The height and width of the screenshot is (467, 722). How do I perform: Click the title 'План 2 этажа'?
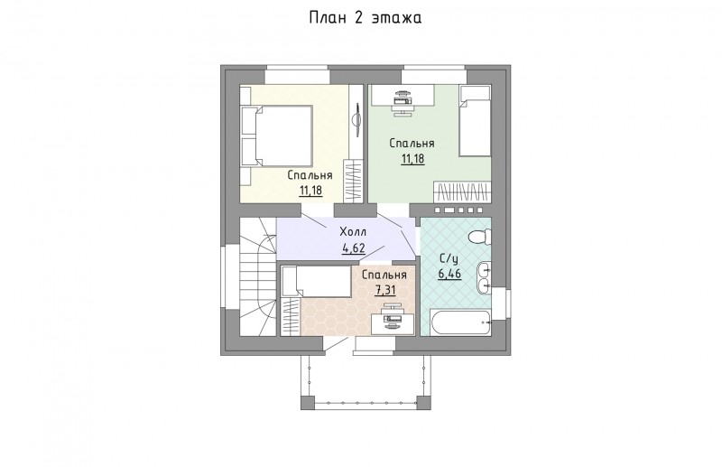point(366,18)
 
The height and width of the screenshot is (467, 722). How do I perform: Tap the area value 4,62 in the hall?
point(354,248)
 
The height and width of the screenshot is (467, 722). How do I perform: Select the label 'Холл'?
point(353,231)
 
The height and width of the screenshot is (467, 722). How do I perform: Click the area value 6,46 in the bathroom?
point(449,275)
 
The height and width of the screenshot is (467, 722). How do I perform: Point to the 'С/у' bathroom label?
point(449,257)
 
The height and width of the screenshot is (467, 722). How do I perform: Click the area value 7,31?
point(385,291)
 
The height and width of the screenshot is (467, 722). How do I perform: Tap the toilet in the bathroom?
point(479,238)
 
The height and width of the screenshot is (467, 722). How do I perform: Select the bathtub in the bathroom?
point(460,322)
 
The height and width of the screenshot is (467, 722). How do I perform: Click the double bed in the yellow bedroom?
point(276,135)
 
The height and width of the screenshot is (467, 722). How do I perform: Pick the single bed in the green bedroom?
point(476,121)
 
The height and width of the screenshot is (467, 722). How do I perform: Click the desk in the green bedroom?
point(403,96)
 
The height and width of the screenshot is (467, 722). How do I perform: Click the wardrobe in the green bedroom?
point(462,191)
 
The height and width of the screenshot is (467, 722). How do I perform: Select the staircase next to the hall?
point(257,276)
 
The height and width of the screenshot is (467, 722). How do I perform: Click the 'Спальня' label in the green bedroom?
point(412,144)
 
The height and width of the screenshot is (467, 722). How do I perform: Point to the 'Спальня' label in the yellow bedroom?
point(310,175)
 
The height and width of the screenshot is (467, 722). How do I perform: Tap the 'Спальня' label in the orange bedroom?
point(384,276)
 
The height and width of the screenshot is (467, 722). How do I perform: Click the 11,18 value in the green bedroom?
point(412,160)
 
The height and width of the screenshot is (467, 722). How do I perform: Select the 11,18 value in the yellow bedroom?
point(310,191)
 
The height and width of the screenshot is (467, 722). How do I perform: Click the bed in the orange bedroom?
point(318,281)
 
